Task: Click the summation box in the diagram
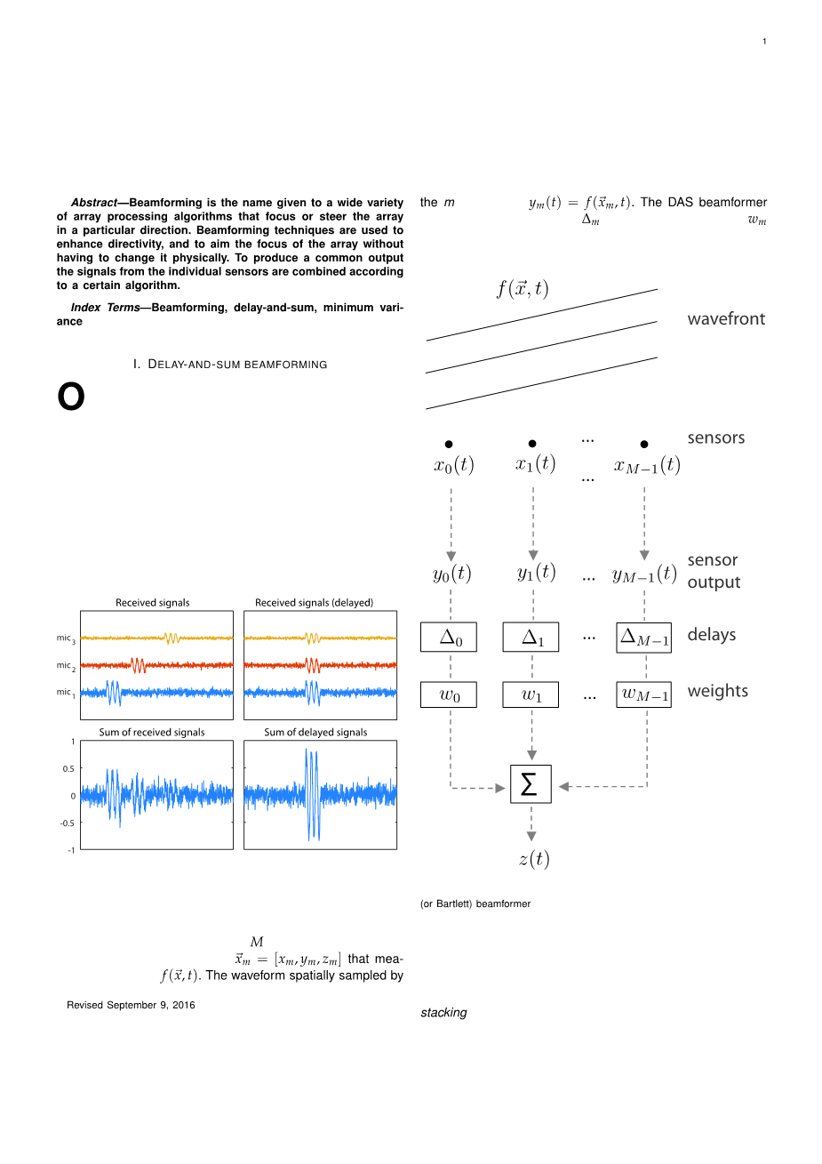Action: (x=531, y=784)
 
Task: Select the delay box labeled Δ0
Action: (x=449, y=638)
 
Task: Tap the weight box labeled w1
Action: (x=531, y=694)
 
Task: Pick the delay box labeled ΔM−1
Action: (x=643, y=638)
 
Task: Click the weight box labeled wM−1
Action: (x=643, y=694)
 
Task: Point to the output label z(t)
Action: (x=533, y=859)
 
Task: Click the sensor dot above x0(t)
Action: (x=449, y=444)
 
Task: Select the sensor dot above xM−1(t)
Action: (x=644, y=444)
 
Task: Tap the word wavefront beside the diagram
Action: (x=726, y=319)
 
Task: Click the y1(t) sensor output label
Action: (x=536, y=573)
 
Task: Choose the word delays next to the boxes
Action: (x=712, y=635)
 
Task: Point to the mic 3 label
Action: (x=66, y=638)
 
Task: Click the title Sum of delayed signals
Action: (x=315, y=733)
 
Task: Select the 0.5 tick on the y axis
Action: (x=68, y=768)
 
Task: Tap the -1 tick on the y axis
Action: (x=70, y=850)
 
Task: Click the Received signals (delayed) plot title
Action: (x=314, y=603)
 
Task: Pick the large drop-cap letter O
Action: (x=71, y=397)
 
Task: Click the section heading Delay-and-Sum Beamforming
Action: (x=230, y=365)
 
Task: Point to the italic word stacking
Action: (x=443, y=1013)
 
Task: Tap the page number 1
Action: (x=764, y=42)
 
